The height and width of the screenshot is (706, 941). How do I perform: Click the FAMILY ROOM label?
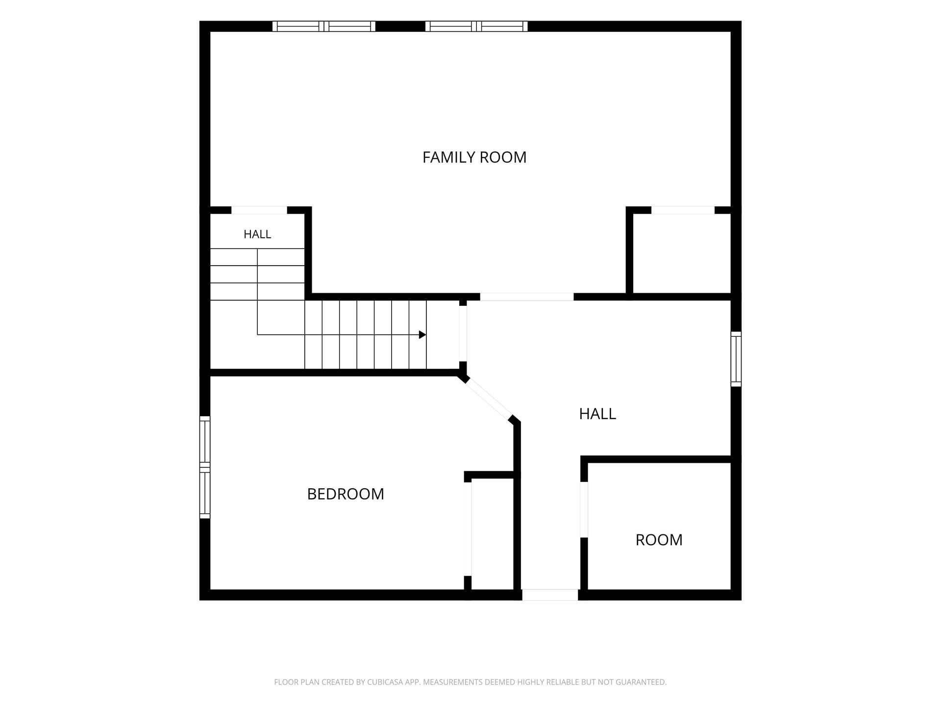click(474, 157)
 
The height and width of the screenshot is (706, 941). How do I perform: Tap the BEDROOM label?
click(346, 494)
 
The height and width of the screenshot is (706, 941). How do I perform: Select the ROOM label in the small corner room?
click(659, 540)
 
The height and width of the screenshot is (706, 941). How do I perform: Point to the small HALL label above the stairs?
click(257, 234)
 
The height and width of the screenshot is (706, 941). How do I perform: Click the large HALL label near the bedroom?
click(597, 414)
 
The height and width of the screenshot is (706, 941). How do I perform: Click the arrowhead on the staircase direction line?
click(422, 335)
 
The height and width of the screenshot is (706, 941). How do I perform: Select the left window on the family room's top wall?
click(324, 26)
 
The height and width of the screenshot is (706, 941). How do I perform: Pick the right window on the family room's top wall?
click(477, 26)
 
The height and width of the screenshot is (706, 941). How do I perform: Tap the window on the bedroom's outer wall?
click(205, 467)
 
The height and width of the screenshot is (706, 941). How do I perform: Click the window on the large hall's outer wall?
click(736, 359)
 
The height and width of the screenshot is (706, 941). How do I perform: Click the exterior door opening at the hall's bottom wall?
click(550, 595)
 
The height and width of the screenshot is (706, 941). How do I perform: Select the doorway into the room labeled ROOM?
click(584, 510)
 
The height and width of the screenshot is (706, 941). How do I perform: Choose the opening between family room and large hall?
click(527, 297)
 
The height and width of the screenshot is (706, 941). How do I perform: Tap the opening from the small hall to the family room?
click(259, 210)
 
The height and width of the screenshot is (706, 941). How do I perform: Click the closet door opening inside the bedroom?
click(468, 529)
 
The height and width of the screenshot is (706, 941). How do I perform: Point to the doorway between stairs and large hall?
click(463, 334)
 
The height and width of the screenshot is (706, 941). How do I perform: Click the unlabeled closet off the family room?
click(682, 253)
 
